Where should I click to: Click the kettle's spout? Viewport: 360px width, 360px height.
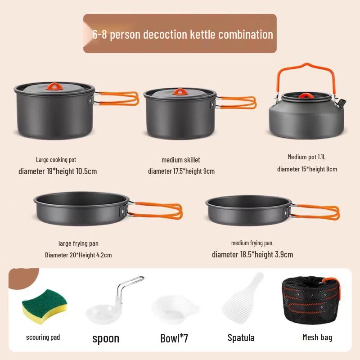click(342, 102)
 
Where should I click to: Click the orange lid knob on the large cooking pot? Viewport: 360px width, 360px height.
click(54, 87)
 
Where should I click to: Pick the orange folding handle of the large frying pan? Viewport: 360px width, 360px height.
click(157, 210)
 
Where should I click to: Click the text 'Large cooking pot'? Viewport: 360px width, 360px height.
click(56, 160)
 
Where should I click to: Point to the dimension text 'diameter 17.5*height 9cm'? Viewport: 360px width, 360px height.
click(181, 171)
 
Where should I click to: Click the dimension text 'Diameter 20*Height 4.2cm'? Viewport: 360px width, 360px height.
click(78, 255)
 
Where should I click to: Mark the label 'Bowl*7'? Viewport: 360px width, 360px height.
click(174, 338)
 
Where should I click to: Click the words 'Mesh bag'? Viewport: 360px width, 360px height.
click(317, 337)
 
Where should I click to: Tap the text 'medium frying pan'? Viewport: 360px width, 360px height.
click(252, 243)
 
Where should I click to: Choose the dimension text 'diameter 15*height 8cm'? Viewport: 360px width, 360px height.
click(307, 169)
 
